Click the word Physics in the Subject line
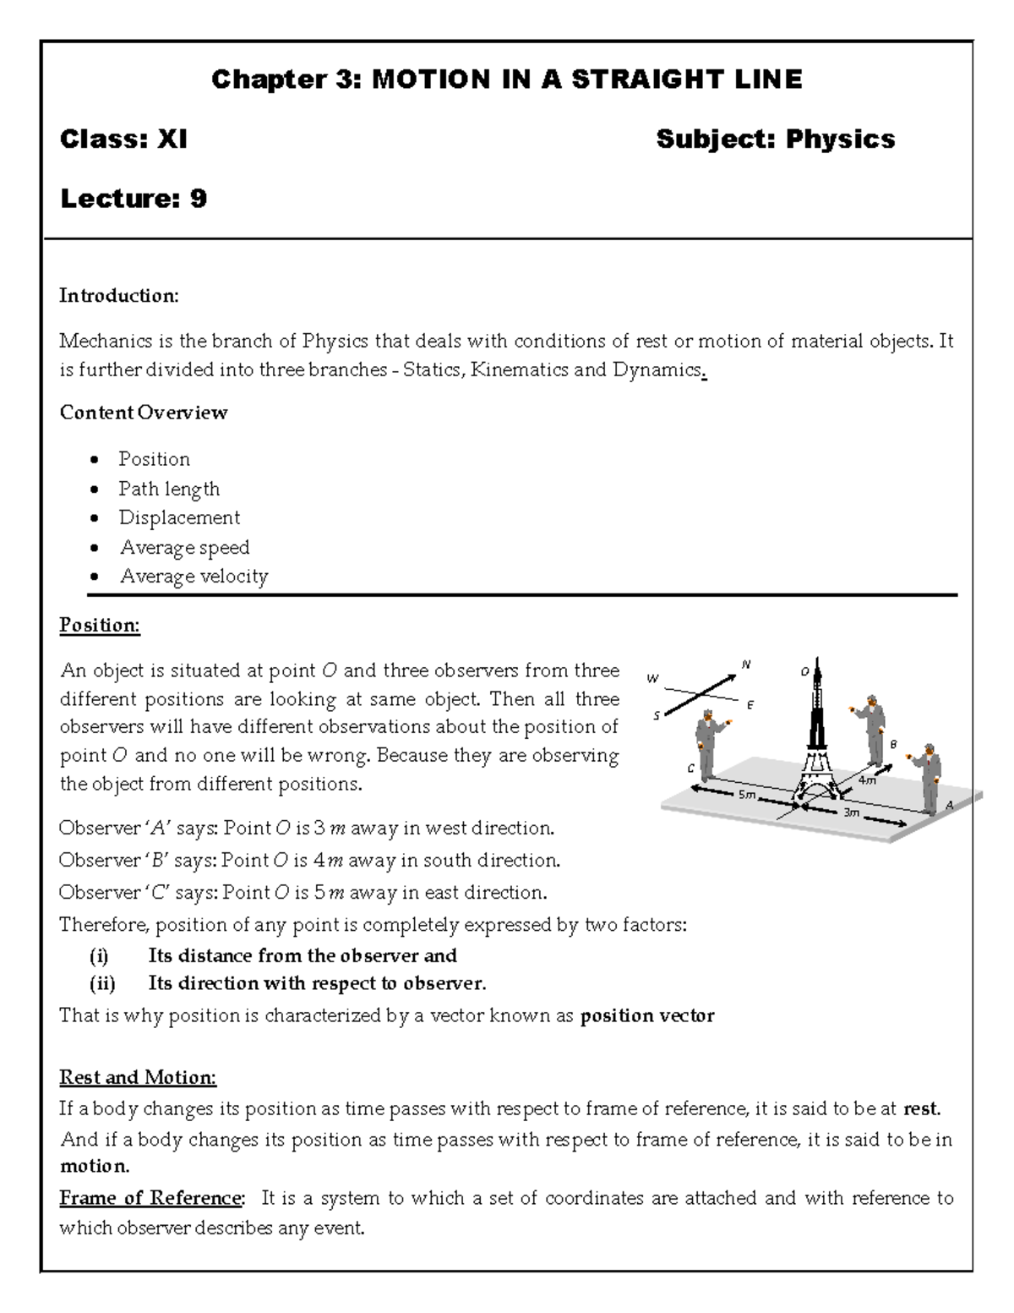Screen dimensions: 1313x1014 pyautogui.click(x=840, y=140)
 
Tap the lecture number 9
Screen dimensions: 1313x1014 pyautogui.click(x=198, y=200)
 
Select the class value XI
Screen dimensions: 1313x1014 pyautogui.click(x=172, y=140)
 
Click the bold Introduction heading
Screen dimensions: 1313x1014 pyautogui.click(x=118, y=296)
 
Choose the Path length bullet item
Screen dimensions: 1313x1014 pyautogui.click(x=169, y=489)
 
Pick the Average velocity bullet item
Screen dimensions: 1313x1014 pyautogui.click(x=194, y=577)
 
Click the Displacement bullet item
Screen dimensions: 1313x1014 pyautogui.click(x=179, y=517)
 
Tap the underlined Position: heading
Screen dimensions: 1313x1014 pyautogui.click(x=100, y=626)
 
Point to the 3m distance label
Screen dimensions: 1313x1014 pyautogui.click(x=851, y=812)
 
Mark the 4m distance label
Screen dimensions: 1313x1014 pyautogui.click(x=867, y=780)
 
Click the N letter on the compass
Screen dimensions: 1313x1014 pyautogui.click(x=745, y=665)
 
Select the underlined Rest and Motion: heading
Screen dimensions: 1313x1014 pyautogui.click(x=138, y=1078)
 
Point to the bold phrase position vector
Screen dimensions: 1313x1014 pyautogui.click(x=647, y=1015)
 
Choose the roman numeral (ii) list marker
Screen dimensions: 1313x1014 pyautogui.click(x=102, y=983)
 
